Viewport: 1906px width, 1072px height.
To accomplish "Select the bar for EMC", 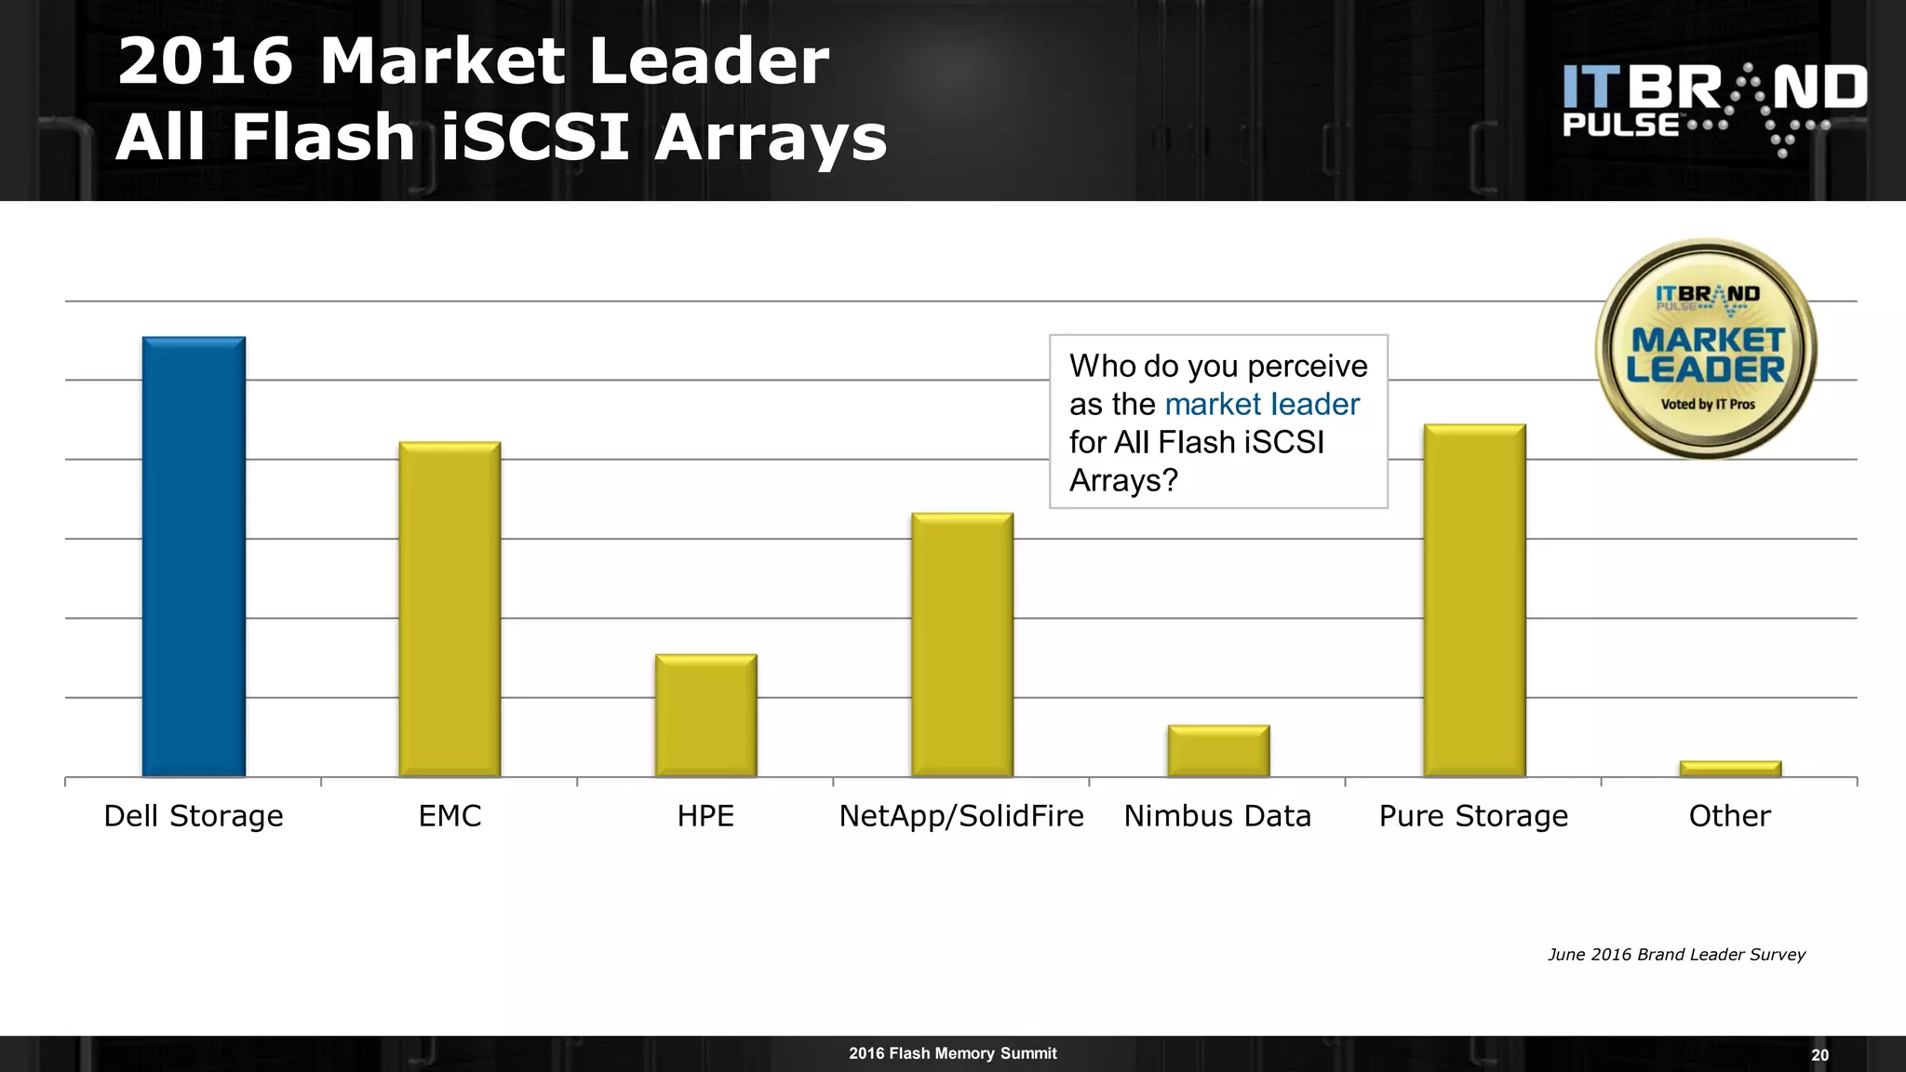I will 450,609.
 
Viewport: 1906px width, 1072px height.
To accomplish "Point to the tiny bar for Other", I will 1730,769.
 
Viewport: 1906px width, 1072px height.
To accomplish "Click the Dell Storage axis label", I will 194,816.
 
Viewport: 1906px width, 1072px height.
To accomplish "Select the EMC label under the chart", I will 450,816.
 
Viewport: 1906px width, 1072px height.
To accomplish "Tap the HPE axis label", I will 705,816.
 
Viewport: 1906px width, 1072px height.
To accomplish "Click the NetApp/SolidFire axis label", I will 961,816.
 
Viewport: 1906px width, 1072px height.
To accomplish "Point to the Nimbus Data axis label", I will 1217,816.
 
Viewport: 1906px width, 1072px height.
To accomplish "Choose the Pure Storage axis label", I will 1473,816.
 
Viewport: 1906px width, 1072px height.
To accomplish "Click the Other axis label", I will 1729,816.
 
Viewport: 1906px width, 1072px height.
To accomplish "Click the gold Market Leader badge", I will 1706,349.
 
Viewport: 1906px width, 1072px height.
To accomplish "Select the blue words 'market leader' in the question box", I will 1261,404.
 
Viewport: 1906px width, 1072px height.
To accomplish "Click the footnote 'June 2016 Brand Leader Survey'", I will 1676,955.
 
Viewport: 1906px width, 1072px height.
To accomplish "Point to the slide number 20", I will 1819,1055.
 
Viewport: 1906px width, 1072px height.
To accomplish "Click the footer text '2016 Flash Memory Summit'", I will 952,1053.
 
